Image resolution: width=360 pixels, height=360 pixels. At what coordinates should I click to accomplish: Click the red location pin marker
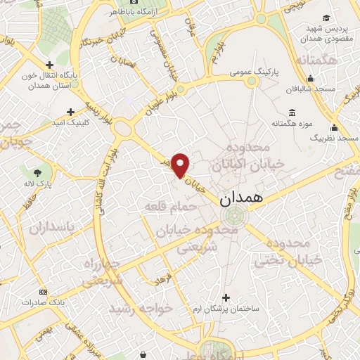point(181,165)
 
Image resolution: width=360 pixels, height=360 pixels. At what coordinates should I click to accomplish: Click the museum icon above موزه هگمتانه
point(292,112)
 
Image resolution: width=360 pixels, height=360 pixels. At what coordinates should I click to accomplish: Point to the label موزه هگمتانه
point(291,124)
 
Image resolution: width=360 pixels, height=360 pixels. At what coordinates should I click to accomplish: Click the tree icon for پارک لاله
point(37,172)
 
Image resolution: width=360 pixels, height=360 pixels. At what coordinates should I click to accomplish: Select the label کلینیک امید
point(70,122)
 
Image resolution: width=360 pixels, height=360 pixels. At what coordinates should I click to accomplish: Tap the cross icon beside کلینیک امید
point(70,111)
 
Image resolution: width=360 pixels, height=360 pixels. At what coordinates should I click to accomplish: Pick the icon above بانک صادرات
point(43,291)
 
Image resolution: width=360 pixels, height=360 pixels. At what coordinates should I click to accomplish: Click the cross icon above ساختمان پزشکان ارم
point(225,297)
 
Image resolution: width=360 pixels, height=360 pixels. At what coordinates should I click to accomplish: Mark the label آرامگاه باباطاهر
point(134,12)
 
